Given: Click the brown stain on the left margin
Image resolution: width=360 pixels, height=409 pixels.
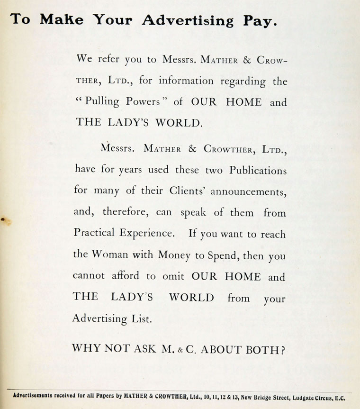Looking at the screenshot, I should pos(3,219).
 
